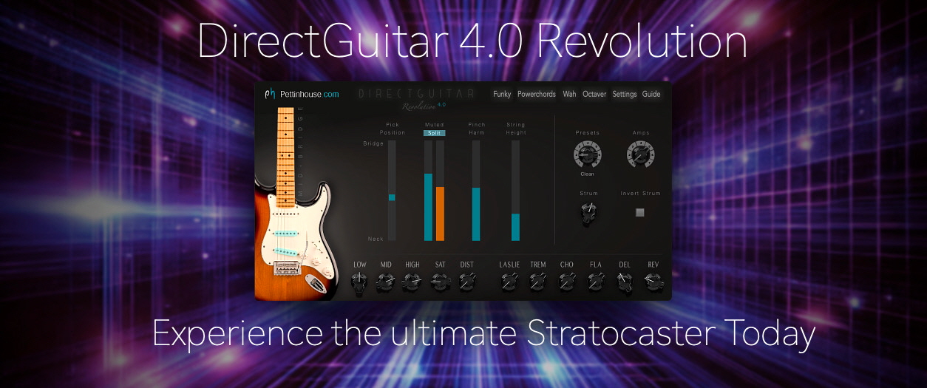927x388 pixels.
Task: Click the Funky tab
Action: point(502,95)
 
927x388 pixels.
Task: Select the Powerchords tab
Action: point(537,95)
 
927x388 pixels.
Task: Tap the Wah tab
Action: point(569,95)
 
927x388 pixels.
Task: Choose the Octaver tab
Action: point(594,95)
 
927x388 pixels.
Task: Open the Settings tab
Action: point(625,95)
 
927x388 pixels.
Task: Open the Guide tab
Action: point(651,95)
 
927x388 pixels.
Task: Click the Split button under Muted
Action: point(434,133)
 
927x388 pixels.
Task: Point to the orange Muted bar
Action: point(440,214)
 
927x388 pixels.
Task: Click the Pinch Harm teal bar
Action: point(476,214)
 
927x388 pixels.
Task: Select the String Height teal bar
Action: point(515,227)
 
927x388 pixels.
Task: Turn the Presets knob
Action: point(587,155)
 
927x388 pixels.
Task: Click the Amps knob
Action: point(640,154)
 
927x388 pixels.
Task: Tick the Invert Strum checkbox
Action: point(640,213)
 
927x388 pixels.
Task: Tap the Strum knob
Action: point(588,213)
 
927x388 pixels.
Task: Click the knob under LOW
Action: point(360,282)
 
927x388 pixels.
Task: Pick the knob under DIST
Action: point(466,282)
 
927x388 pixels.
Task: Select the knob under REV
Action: point(653,282)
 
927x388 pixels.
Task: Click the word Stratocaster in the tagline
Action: point(623,334)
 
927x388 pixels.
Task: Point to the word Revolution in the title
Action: point(642,42)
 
